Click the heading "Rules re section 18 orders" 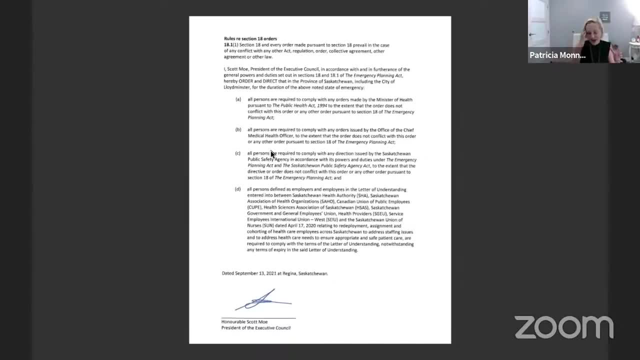250,38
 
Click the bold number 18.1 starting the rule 228,45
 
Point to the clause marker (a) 238,99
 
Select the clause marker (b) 238,130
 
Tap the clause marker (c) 237,153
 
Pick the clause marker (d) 237,189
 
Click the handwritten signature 263,300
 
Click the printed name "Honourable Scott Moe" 244,322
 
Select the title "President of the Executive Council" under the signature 256,328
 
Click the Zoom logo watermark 563,327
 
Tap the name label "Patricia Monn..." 557,55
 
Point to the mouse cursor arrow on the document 272,154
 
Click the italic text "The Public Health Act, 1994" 299,106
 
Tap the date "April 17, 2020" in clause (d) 288,226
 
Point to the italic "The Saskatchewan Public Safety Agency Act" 326,166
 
